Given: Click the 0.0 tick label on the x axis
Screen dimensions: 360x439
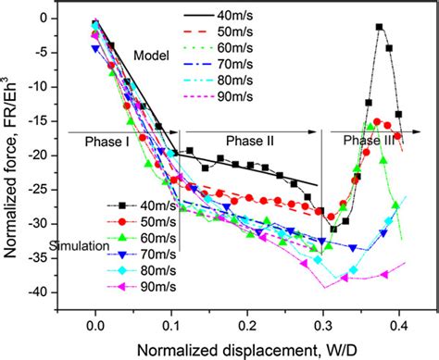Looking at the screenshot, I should pyautogui.click(x=95, y=328).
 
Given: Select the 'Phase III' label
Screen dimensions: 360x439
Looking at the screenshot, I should pyautogui.click(x=370, y=140).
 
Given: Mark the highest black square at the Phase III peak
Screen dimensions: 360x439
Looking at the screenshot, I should pyautogui.click(x=354, y=27).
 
